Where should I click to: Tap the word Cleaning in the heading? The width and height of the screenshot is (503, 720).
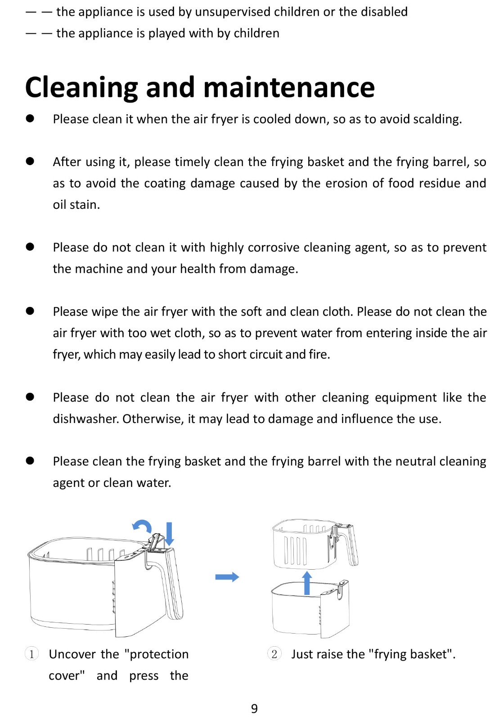81,87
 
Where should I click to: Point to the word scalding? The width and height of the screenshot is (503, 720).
436,119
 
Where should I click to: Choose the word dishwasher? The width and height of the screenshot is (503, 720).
85,419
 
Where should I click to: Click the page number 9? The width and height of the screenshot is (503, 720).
254,709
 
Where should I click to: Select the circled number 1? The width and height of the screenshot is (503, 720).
31,653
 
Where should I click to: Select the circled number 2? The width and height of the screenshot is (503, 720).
274,653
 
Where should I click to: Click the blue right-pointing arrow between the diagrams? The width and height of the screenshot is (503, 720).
227,577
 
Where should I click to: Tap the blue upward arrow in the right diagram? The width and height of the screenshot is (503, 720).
307,583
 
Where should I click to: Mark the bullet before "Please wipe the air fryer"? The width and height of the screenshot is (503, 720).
30,311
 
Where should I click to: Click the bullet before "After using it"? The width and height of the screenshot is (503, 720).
30,162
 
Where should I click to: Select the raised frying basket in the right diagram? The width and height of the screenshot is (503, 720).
306,544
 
